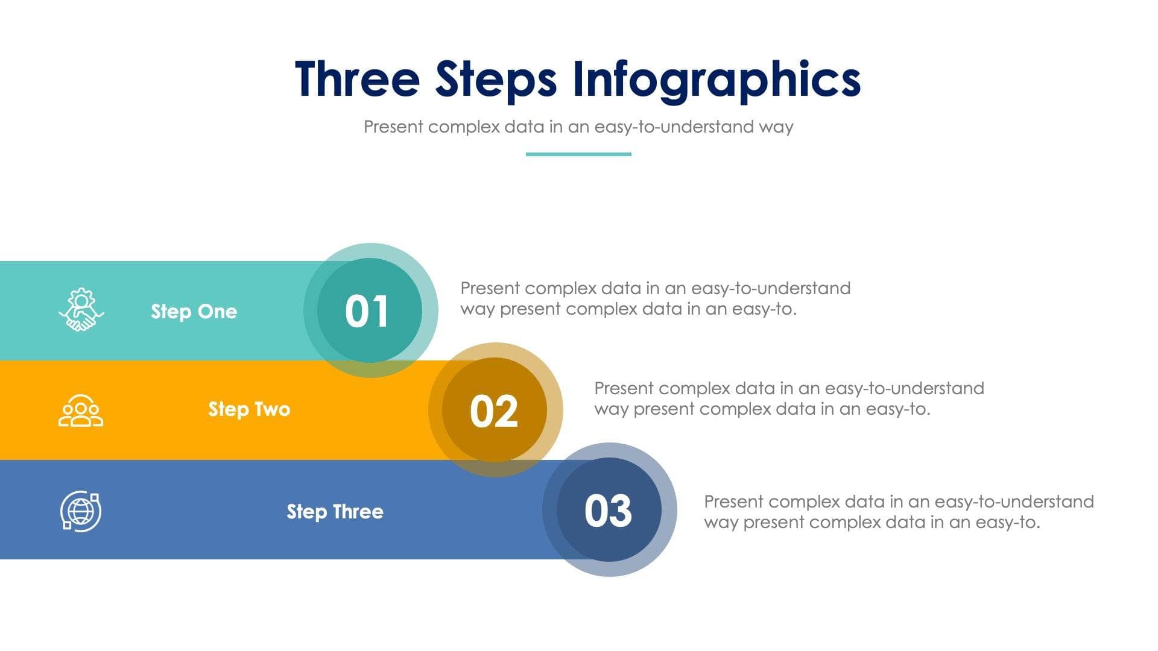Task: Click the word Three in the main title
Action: (357, 79)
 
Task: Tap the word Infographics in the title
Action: (716, 79)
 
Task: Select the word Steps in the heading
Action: (495, 79)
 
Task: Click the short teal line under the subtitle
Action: (578, 154)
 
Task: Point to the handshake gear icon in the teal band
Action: (81, 310)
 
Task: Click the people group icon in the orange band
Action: (81, 410)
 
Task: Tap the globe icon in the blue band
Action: (81, 511)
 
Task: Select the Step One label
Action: (194, 312)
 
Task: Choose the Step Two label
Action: (249, 409)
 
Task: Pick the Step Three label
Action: (335, 512)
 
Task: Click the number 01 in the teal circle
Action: (367, 312)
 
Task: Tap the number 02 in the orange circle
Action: (493, 412)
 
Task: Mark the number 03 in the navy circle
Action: (608, 511)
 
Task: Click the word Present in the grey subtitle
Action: (393, 127)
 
